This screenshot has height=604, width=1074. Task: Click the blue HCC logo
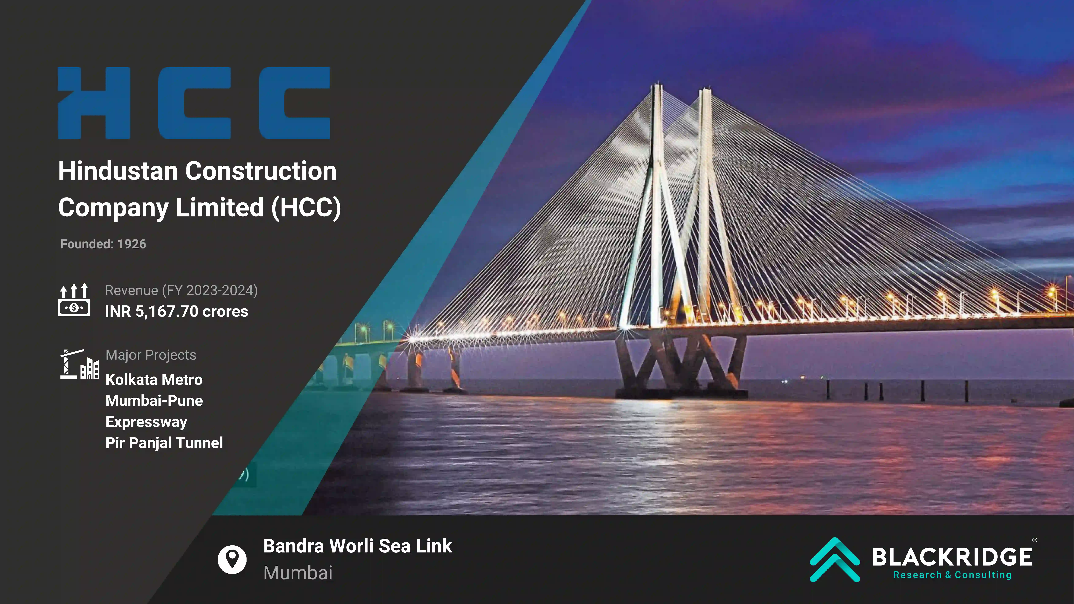[194, 103]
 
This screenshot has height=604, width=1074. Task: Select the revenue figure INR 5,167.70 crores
[176, 311]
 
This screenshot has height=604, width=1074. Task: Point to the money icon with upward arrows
[74, 300]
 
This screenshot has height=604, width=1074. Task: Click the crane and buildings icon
[79, 364]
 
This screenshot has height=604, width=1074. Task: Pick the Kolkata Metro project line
[154, 380]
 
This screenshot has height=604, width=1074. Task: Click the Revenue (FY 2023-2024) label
[181, 291]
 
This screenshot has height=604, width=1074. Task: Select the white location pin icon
[232, 559]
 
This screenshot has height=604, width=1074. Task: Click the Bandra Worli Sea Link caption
[357, 546]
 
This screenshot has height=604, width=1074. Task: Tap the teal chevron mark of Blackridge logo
[835, 559]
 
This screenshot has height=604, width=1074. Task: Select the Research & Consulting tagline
[952, 575]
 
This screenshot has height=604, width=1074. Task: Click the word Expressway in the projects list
[146, 422]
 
